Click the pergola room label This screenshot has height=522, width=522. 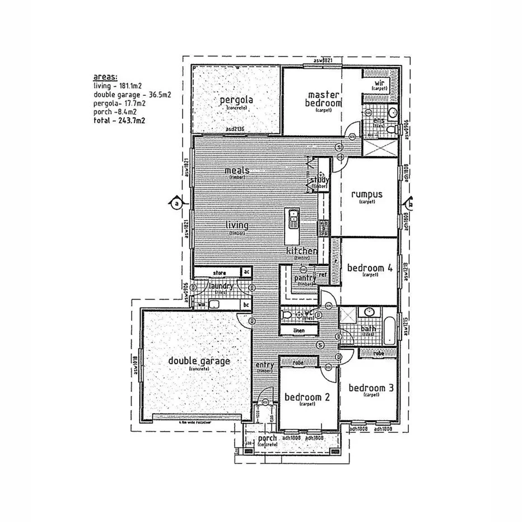(x=237, y=100)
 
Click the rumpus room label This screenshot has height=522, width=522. (x=367, y=194)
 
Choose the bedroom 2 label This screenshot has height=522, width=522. (x=307, y=397)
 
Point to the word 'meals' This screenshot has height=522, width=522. (x=237, y=170)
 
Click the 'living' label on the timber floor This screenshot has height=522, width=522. (x=237, y=225)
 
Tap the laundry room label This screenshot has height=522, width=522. (x=220, y=286)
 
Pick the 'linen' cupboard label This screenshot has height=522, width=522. (x=299, y=331)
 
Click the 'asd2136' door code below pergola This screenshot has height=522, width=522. (x=236, y=129)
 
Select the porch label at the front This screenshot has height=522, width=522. (x=268, y=438)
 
